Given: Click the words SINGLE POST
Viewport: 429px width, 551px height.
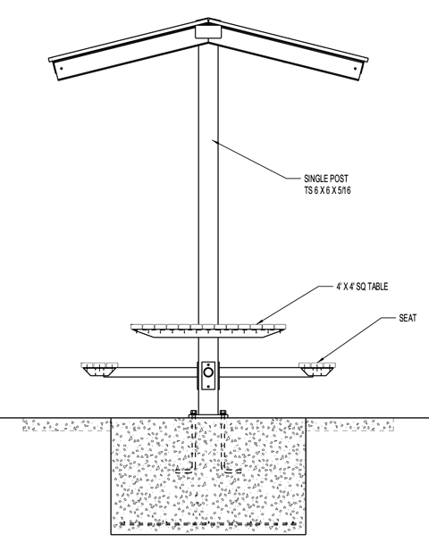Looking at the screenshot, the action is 326,179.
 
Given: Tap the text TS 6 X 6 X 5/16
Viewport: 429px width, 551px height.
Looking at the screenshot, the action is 327,190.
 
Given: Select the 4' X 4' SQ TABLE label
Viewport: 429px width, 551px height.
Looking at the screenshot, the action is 362,287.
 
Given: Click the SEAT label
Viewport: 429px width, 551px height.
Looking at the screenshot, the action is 408,318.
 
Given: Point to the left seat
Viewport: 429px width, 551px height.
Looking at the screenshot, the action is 99,369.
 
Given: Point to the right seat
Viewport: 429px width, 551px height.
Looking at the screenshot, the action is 317,369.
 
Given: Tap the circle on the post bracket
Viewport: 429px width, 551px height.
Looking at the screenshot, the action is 208,372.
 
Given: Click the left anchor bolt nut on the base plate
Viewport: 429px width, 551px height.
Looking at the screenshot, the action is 193,413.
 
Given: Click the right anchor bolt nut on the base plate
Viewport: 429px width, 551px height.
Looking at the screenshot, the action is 223,413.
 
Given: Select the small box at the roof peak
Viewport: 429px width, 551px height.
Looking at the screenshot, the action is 208,31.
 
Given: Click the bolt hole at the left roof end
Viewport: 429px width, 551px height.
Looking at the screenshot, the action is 62,68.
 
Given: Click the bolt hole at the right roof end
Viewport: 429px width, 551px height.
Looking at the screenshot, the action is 355,68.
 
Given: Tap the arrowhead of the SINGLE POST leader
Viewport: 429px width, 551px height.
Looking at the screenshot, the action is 213,141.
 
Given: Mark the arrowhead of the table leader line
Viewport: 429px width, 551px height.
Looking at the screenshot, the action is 259,321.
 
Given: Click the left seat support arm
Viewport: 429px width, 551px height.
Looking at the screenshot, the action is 150,372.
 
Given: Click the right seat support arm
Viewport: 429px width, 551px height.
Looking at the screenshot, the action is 266,372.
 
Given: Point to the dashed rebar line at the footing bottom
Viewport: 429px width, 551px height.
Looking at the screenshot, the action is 208,523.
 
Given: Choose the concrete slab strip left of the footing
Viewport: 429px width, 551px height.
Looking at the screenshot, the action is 67,425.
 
